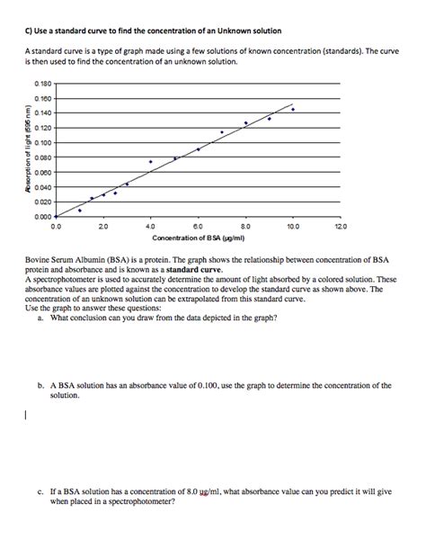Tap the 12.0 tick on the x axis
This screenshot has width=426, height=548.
(338, 228)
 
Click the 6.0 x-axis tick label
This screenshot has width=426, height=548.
(198, 228)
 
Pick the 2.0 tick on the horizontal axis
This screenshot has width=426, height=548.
(102, 228)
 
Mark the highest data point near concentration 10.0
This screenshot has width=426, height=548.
(292, 109)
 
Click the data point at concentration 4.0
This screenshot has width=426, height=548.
(150, 162)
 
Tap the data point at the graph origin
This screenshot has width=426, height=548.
(56, 217)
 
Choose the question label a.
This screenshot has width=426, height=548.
(40, 318)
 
